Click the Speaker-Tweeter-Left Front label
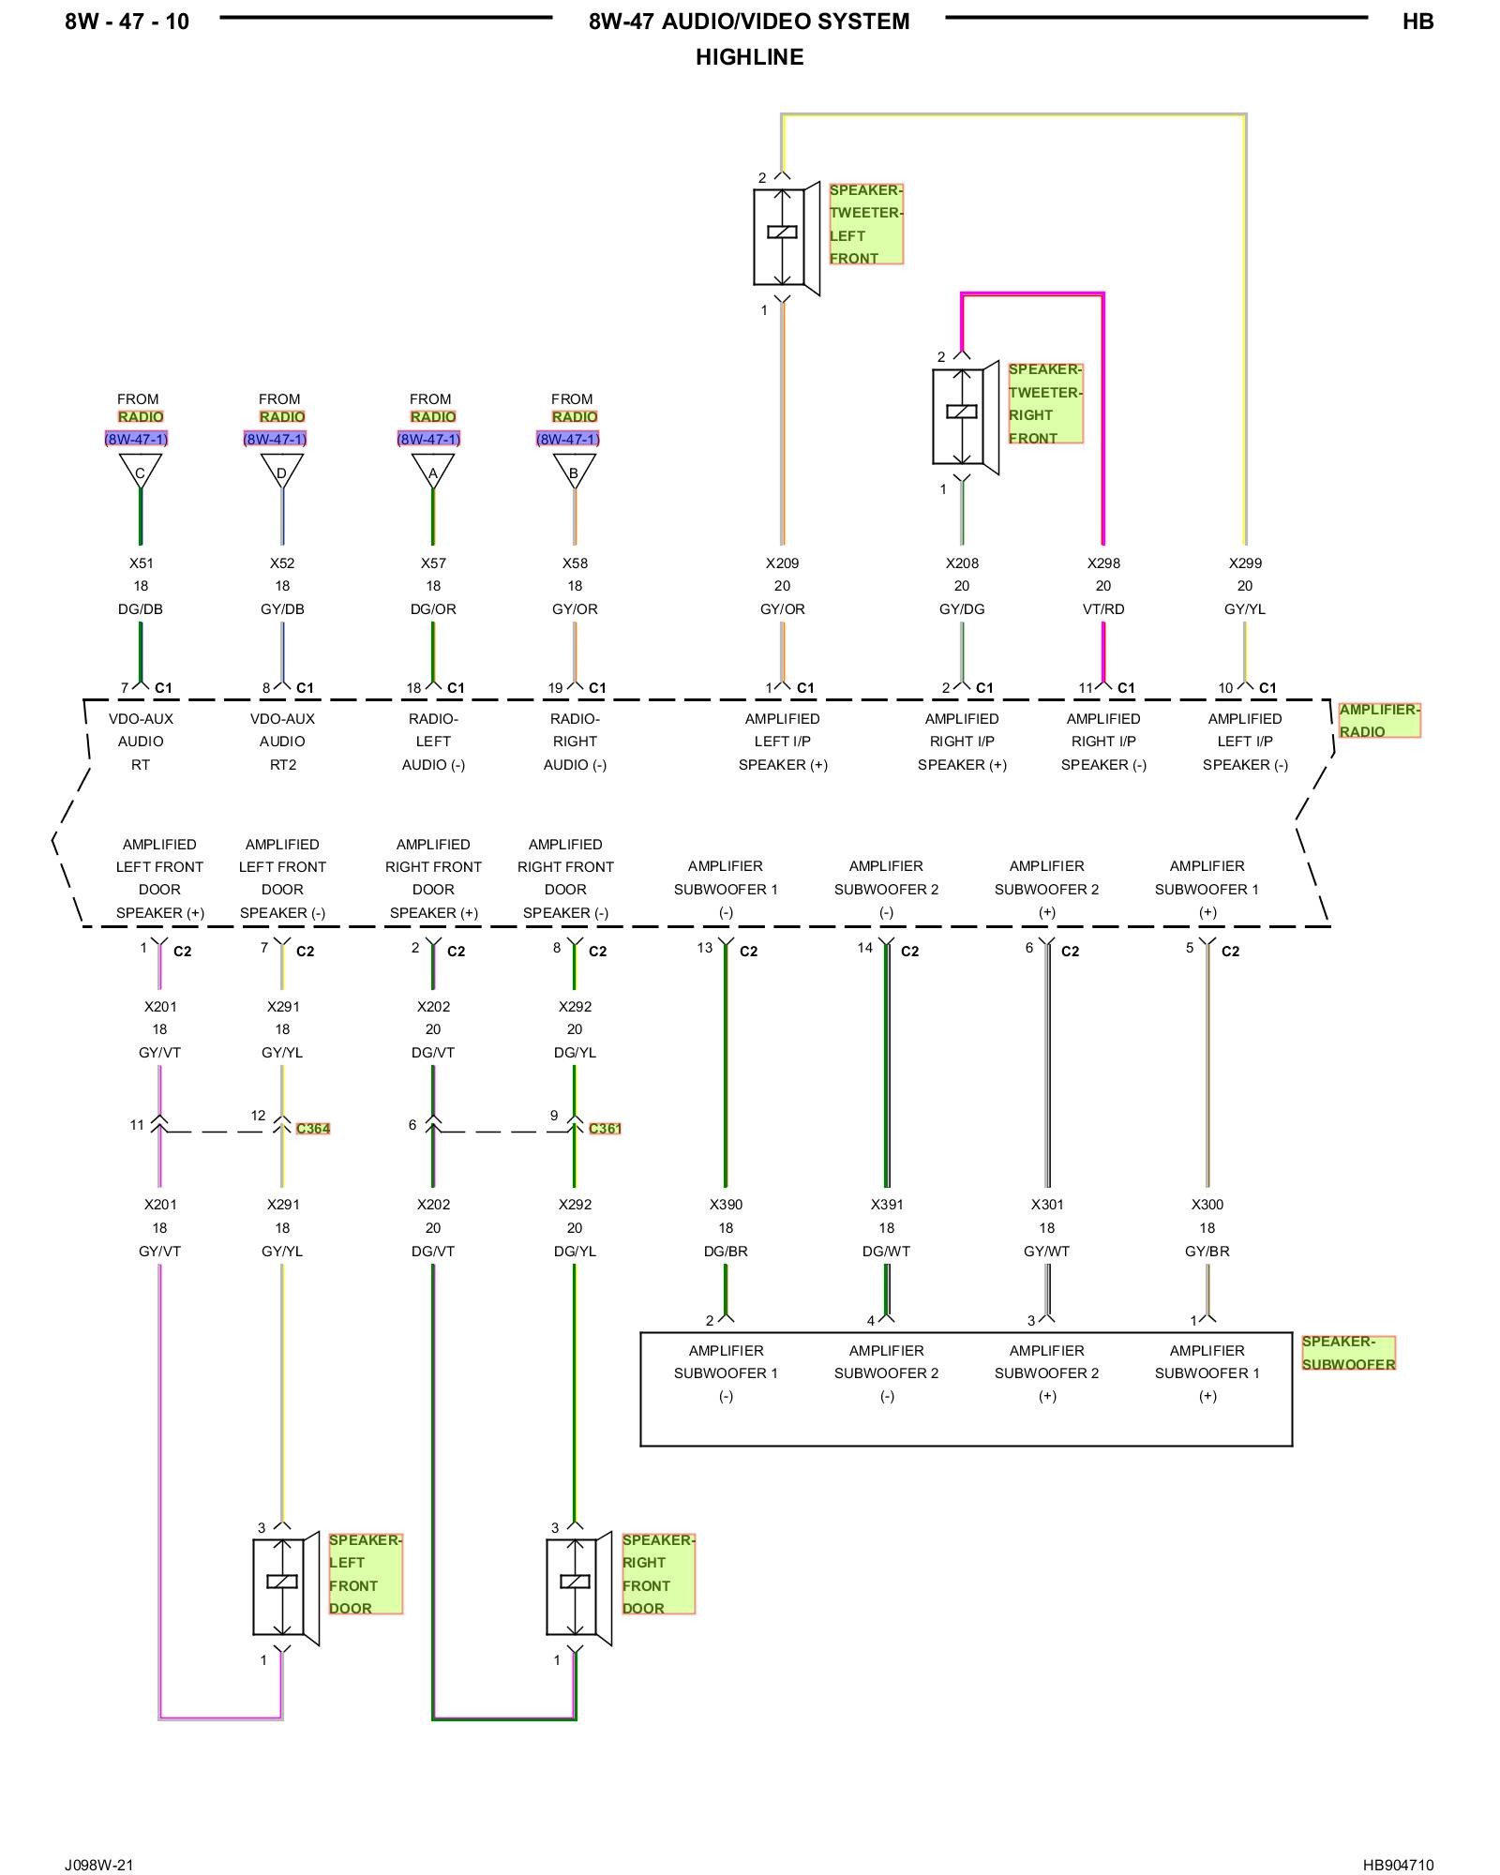coord(865,224)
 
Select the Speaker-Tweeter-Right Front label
coord(1045,403)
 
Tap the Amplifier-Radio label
coord(1379,720)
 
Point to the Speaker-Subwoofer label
coord(1348,1353)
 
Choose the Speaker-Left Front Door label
coord(366,1574)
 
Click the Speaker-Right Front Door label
coord(658,1574)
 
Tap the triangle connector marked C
coord(141,472)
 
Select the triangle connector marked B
coord(575,472)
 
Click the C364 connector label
coord(313,1129)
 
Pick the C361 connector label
coord(605,1129)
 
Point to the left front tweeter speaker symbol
coord(787,238)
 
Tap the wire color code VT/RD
coord(1103,609)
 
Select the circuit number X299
coord(1245,563)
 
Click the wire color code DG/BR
coord(726,1252)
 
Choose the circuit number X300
coord(1207,1205)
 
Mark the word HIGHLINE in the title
coord(750,57)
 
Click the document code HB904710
coord(1398,1865)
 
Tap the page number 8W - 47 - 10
coord(127,22)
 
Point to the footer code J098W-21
coord(99,1865)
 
